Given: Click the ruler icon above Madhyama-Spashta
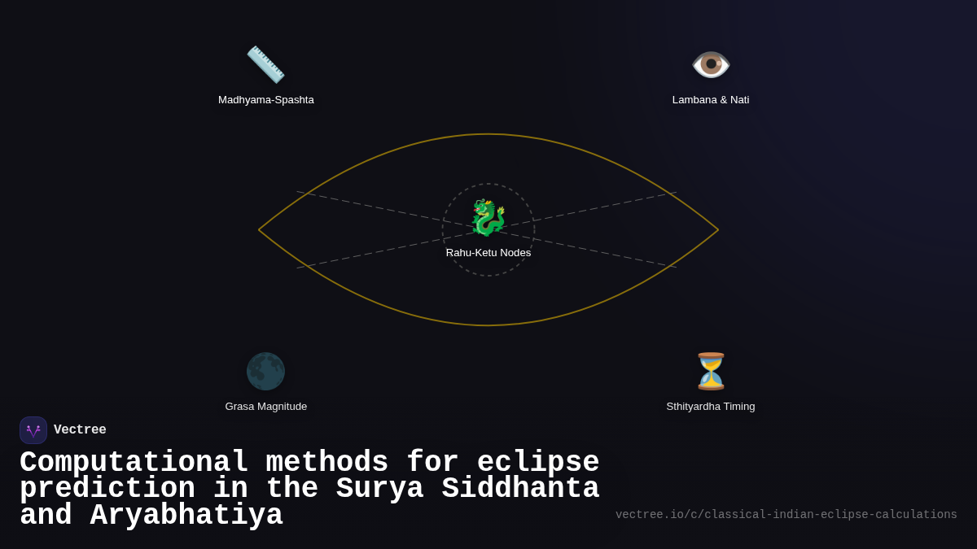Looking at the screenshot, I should click(265, 64).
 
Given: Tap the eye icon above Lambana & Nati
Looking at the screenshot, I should click(711, 64).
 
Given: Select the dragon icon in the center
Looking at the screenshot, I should click(488, 218).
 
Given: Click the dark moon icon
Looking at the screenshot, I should click(265, 371).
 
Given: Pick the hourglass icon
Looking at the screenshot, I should click(711, 371).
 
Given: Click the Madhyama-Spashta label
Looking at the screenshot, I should click(266, 100).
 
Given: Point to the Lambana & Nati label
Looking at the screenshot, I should click(711, 100).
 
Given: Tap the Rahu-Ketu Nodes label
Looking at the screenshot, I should click(488, 253).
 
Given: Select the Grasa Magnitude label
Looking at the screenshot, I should click(266, 407).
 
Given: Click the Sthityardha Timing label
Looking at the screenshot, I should click(711, 407).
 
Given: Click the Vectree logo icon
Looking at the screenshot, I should click(33, 430).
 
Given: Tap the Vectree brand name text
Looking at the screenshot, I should click(80, 430).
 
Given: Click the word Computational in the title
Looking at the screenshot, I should click(134, 463).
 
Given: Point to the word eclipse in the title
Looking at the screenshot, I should click(538, 463).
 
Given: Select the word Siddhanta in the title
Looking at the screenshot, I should click(520, 489).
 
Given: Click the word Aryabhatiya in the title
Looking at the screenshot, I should click(186, 516).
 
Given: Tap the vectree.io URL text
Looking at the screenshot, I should click(786, 515).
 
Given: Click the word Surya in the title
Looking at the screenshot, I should click(379, 489).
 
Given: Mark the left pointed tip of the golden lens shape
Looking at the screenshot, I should click(259, 230).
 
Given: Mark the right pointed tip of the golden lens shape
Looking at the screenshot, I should click(718, 230).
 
